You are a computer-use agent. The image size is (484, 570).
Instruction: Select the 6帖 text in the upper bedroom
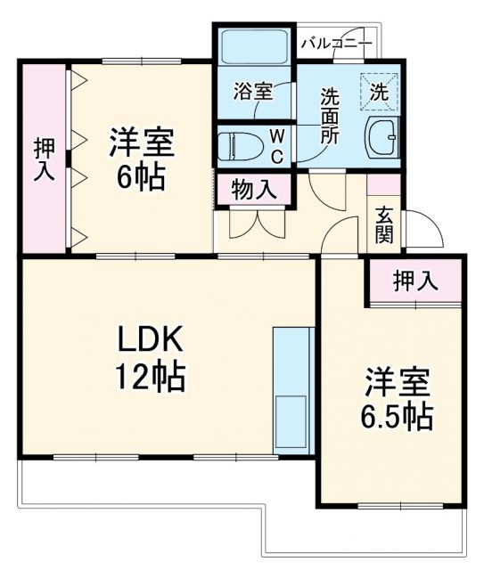coord(141,177)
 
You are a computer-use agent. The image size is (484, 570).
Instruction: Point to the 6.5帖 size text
coord(397,415)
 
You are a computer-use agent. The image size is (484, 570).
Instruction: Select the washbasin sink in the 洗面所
coord(383,135)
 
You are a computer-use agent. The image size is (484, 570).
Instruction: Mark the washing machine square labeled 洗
coord(379,90)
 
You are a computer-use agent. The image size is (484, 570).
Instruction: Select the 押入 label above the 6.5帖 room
coord(416,281)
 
